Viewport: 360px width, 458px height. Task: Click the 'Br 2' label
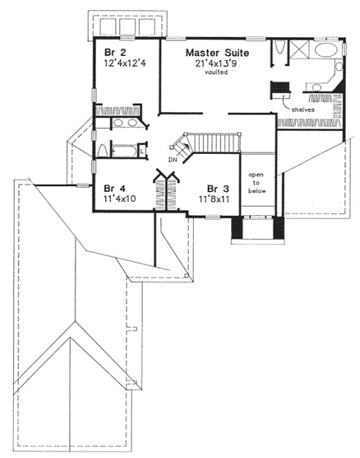113,52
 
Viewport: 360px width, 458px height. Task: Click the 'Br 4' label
114,187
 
